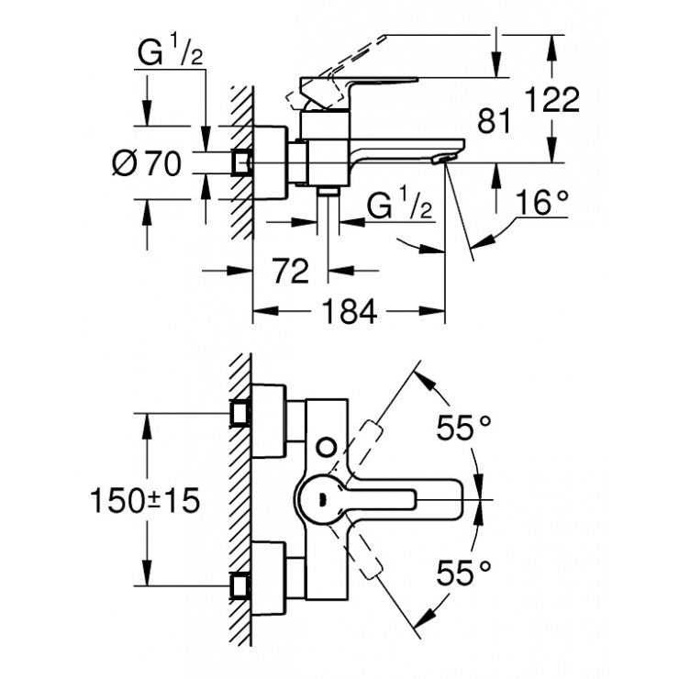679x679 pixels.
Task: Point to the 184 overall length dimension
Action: (351, 312)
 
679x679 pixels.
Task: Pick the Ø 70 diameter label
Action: (147, 164)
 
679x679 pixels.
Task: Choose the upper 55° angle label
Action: (464, 428)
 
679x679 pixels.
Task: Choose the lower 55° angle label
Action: (464, 574)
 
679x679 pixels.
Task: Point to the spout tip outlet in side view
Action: (439, 161)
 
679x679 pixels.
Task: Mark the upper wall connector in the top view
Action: (242, 415)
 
